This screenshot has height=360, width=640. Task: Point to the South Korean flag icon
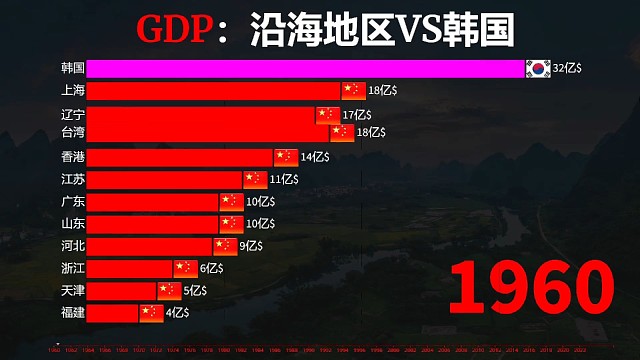[538, 68]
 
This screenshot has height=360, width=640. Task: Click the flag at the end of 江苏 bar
[254, 179]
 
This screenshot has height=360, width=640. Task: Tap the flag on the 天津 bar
[169, 290]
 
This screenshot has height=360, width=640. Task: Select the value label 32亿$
[567, 68]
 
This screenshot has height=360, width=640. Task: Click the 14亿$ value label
[314, 157]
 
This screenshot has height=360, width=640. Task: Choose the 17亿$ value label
[357, 115]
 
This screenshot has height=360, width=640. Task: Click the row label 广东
[72, 201]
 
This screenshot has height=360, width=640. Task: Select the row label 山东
[72, 223]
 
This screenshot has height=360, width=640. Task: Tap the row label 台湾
[72, 132]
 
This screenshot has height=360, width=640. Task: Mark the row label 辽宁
[72, 115]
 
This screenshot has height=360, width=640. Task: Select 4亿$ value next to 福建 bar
[177, 312]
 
